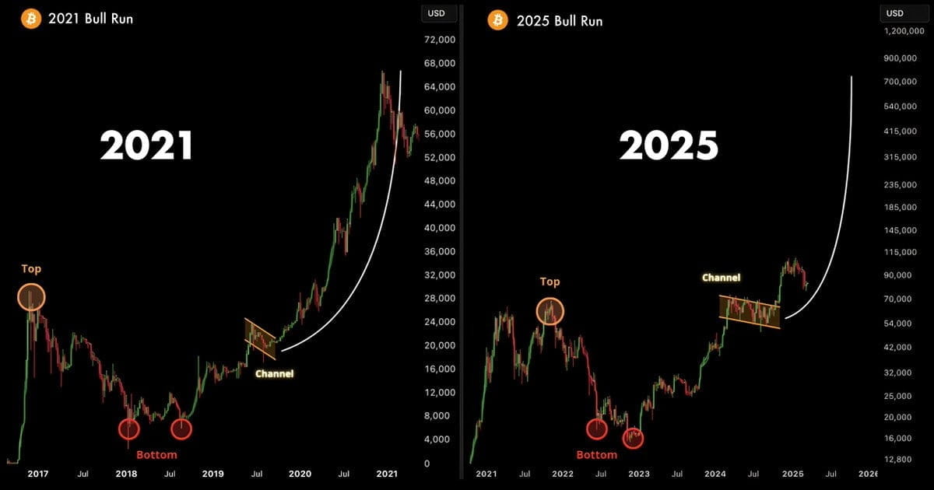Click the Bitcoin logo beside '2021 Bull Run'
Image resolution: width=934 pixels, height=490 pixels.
31,19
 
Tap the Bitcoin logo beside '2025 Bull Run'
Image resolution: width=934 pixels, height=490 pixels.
498,20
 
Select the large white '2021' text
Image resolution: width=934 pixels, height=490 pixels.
146,145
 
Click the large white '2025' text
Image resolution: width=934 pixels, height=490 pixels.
669,145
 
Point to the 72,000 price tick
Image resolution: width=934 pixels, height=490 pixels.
440,40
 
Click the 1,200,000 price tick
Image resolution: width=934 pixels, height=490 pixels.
904,31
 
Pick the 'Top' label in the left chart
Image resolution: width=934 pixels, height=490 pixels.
31,269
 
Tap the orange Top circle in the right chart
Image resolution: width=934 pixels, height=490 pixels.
550,311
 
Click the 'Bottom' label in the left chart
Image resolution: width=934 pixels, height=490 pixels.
156,454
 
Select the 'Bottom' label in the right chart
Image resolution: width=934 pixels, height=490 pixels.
597,454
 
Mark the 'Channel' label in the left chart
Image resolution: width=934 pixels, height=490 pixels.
274,374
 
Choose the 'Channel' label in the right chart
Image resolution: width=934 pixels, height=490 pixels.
722,278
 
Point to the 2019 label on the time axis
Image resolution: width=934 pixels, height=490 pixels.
212,474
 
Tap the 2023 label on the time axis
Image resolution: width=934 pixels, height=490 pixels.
639,474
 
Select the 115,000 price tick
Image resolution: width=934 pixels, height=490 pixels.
901,252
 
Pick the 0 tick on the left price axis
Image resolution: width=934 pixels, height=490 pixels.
427,464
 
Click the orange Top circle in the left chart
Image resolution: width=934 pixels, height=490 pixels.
31,297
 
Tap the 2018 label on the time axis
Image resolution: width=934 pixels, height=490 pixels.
126,474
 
